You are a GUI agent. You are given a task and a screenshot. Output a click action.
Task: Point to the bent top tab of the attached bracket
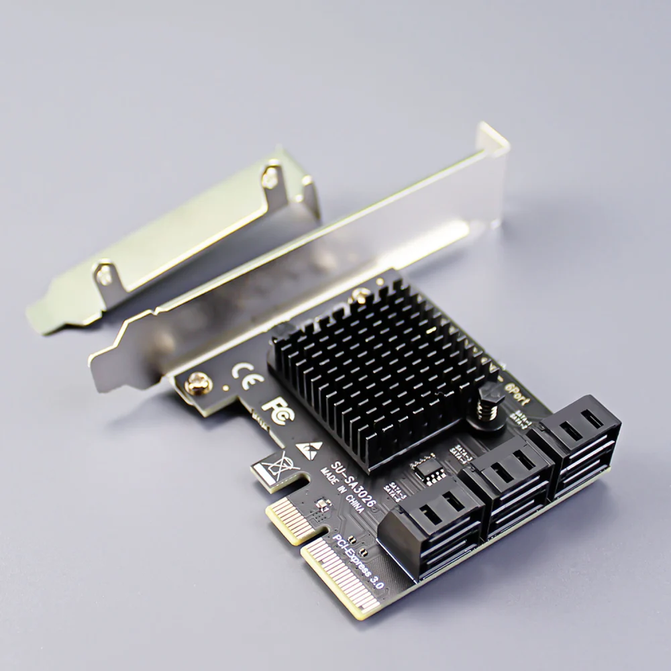pyautogui.click(x=491, y=144)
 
